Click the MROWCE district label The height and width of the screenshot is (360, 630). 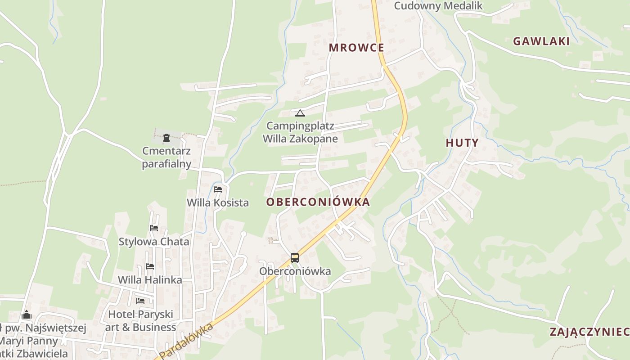356,48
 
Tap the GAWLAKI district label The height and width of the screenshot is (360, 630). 541,41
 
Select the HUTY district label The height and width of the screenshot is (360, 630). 462,143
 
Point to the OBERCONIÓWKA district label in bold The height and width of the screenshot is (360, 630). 318,202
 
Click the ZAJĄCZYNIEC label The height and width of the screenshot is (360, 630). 589,332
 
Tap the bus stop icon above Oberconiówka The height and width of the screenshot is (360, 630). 295,258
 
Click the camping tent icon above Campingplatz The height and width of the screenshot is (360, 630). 300,112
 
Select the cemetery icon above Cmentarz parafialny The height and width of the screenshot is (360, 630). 166,138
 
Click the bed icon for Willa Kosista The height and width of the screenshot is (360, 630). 218,189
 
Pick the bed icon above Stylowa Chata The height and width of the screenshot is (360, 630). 154,228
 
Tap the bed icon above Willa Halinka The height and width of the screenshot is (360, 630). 150,266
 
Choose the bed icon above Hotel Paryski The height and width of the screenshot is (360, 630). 140,301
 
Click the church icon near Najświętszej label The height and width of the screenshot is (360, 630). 27,315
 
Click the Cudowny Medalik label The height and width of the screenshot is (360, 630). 438,6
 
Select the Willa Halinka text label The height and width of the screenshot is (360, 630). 150,280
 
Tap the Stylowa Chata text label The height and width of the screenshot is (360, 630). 154,242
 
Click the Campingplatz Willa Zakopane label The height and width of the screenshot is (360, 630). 300,132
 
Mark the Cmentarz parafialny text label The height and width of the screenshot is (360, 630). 166,157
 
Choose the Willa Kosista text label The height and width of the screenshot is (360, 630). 218,202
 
